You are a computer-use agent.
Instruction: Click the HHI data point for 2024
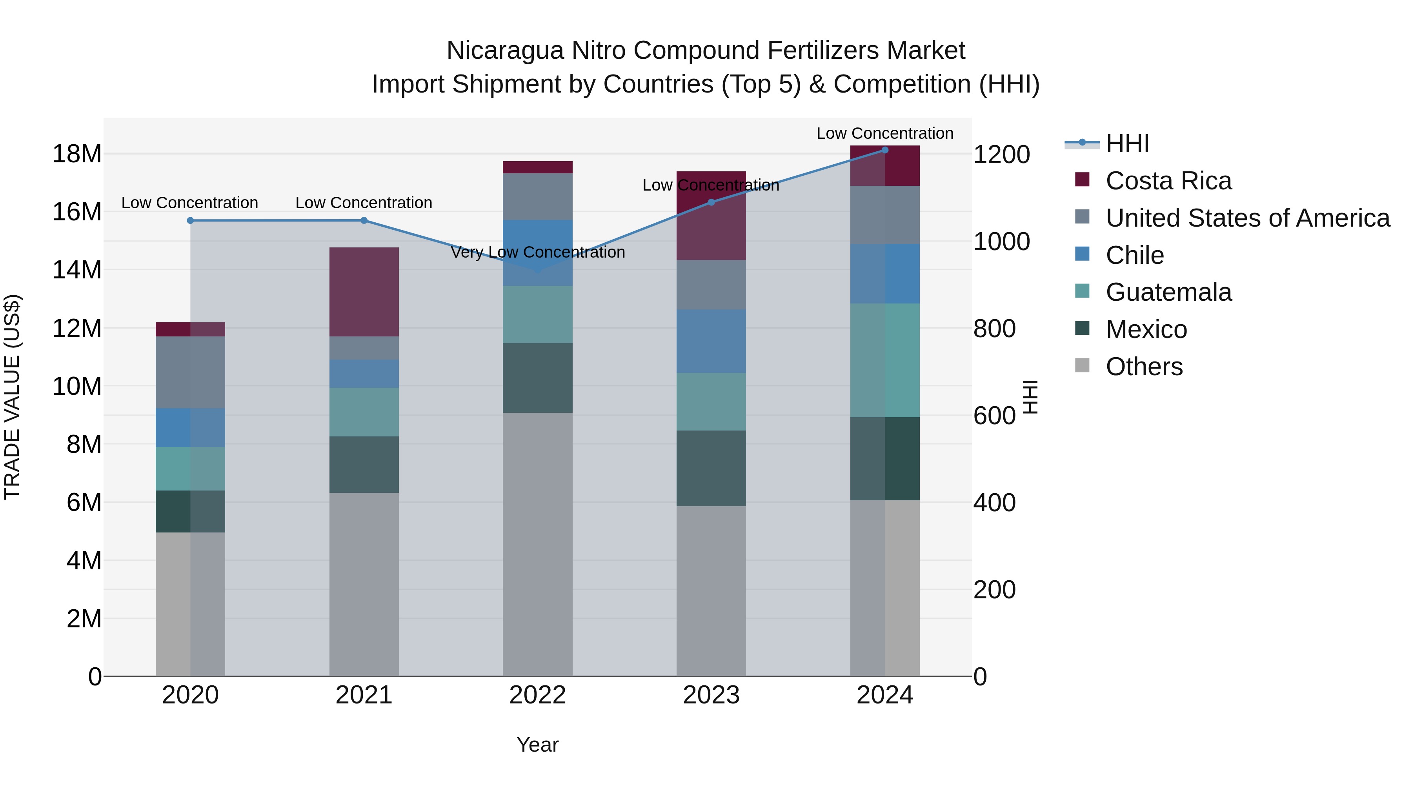[x=885, y=150]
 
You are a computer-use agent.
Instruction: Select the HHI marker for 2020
[x=190, y=220]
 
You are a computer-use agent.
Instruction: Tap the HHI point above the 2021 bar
[x=364, y=220]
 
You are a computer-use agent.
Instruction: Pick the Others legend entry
[x=1144, y=367]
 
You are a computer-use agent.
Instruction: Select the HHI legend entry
[x=1127, y=144]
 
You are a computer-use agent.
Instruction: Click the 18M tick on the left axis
[x=77, y=154]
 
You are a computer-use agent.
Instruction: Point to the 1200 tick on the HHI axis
[x=1001, y=154]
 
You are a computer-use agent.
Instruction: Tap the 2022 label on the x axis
[x=537, y=695]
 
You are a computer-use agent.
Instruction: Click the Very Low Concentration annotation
[x=537, y=252]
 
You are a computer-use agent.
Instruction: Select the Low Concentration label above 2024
[x=885, y=133]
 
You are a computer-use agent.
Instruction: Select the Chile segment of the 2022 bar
[x=537, y=253]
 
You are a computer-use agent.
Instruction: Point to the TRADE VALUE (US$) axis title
[x=12, y=397]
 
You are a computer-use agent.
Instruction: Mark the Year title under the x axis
[x=537, y=745]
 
